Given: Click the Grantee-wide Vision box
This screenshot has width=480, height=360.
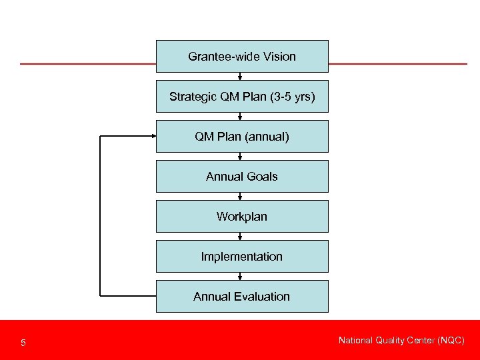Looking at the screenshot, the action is click(x=242, y=56).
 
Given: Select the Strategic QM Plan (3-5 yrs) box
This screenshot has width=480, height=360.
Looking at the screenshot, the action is click(x=242, y=97).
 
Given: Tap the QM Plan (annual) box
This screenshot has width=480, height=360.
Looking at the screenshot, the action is click(x=242, y=137).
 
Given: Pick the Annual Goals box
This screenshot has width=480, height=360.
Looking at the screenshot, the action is click(x=242, y=177).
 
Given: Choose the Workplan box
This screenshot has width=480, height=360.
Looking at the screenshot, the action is click(x=242, y=217).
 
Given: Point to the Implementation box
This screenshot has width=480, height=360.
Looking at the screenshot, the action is click(x=242, y=257).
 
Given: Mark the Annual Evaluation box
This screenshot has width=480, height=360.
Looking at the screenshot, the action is click(x=242, y=297).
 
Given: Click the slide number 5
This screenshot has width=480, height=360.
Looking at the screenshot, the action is click(x=23, y=343).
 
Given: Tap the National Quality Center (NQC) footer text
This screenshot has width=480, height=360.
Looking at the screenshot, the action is click(x=401, y=341).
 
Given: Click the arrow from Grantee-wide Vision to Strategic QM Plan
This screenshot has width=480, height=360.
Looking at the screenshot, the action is click(x=240, y=76).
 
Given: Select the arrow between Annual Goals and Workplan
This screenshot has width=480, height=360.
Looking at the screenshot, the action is click(x=240, y=196).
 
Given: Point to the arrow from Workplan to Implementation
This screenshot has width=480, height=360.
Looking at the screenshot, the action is click(x=240, y=236).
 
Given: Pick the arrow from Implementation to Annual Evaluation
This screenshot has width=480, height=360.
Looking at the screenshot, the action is click(x=240, y=276).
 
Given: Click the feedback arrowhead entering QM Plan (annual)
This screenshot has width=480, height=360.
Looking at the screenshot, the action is click(x=152, y=136).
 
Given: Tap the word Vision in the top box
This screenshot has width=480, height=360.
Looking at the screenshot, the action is click(x=279, y=57).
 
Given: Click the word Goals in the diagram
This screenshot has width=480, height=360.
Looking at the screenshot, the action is click(x=261, y=177).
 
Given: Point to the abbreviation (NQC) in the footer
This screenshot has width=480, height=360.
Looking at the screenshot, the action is click(x=450, y=341).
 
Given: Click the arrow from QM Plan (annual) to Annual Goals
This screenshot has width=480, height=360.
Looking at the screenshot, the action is click(x=240, y=156).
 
